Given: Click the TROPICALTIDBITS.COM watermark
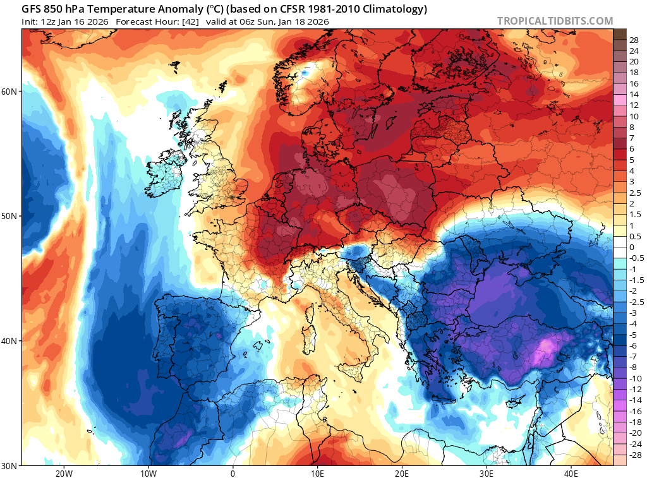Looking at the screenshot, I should tap(555, 21).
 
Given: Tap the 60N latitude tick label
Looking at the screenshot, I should tap(11, 92).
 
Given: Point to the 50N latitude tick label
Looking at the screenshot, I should tap(11, 216).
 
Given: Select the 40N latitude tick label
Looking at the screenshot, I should tap(11, 341).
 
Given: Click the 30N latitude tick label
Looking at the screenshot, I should tap(11, 465).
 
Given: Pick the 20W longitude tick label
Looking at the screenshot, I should tap(63, 473).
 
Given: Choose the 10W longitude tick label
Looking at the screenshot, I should tap(148, 473).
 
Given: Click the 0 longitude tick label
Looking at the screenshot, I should tap(233, 473).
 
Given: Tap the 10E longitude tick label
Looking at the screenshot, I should tap(317, 473).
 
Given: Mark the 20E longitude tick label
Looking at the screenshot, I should tap(402, 473).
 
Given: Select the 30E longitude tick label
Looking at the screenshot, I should tap(487, 473).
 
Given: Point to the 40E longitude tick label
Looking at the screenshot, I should tap(571, 473).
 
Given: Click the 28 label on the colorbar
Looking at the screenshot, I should tap(634, 40).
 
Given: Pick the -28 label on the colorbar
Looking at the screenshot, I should tap(636, 455).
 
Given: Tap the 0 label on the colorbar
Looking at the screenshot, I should tap(631, 247).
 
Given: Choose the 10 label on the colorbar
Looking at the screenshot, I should tap(634, 116).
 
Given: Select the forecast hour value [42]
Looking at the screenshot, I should tap(174, 21).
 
